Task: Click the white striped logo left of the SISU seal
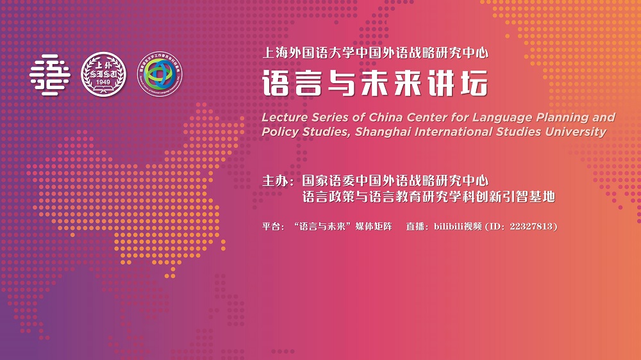pos(50,75)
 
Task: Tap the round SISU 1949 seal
pos(103,74)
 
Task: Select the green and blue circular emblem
pos(160,74)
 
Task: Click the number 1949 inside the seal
pos(103,83)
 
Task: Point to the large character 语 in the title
pos(276,83)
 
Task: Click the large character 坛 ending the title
pos(474,83)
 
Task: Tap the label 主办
pos(275,181)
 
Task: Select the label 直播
pos(415,226)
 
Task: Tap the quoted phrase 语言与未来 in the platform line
pos(322,226)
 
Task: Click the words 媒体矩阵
pos(374,226)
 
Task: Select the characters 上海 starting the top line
pos(275,53)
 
